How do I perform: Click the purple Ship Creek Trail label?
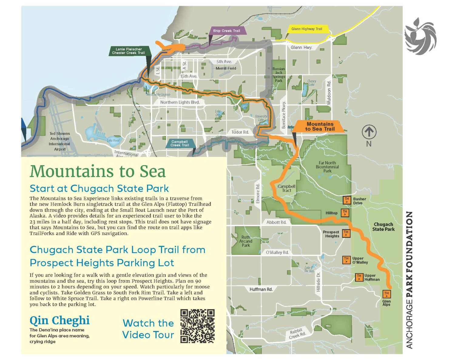pos(227,31)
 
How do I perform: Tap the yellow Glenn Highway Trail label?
pos(306,29)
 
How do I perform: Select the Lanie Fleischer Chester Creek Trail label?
pos(128,51)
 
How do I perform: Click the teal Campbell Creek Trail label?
pos(180,143)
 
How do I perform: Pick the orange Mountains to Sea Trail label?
pos(320,126)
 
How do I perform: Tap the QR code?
pos(197,326)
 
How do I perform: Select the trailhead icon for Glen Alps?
pos(386,294)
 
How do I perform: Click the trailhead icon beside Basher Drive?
pos(347,200)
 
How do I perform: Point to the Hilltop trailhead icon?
pos(345,213)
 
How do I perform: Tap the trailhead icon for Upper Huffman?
pos(359,277)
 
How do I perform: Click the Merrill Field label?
pos(226,69)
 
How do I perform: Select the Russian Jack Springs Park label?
pos(279,75)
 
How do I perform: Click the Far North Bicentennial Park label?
pos(327,167)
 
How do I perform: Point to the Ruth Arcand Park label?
pos(246,241)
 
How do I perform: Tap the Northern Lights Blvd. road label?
pos(180,102)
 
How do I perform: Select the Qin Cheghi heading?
pos(59,320)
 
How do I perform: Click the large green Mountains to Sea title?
pos(98,171)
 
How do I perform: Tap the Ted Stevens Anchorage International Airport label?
pos(59,141)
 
